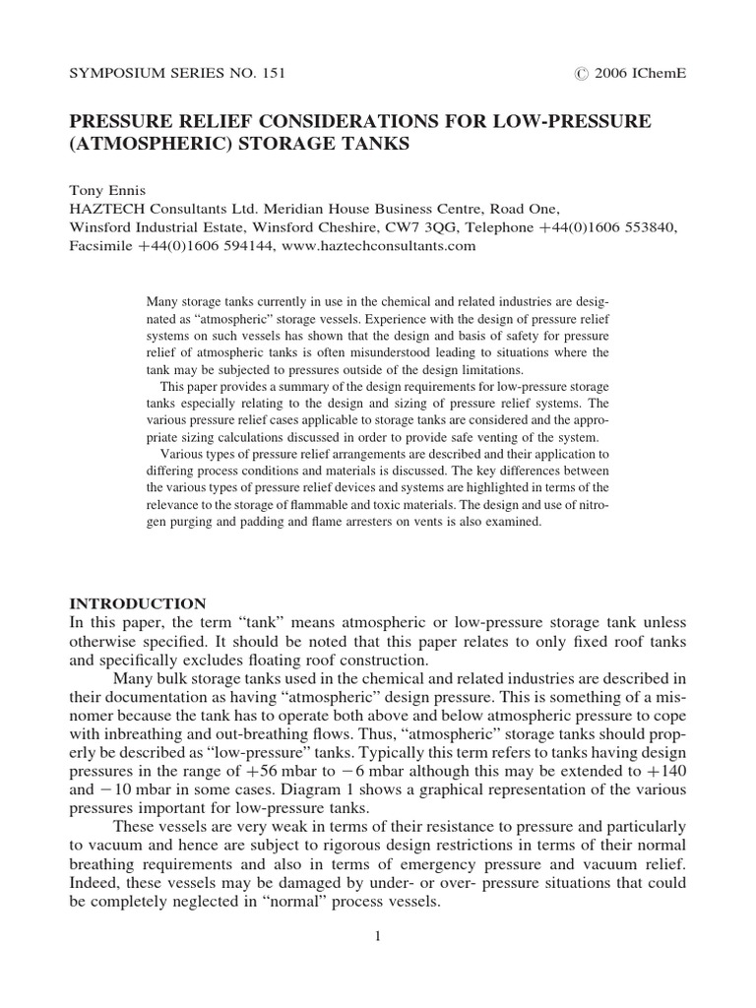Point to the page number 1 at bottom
[377, 937]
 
